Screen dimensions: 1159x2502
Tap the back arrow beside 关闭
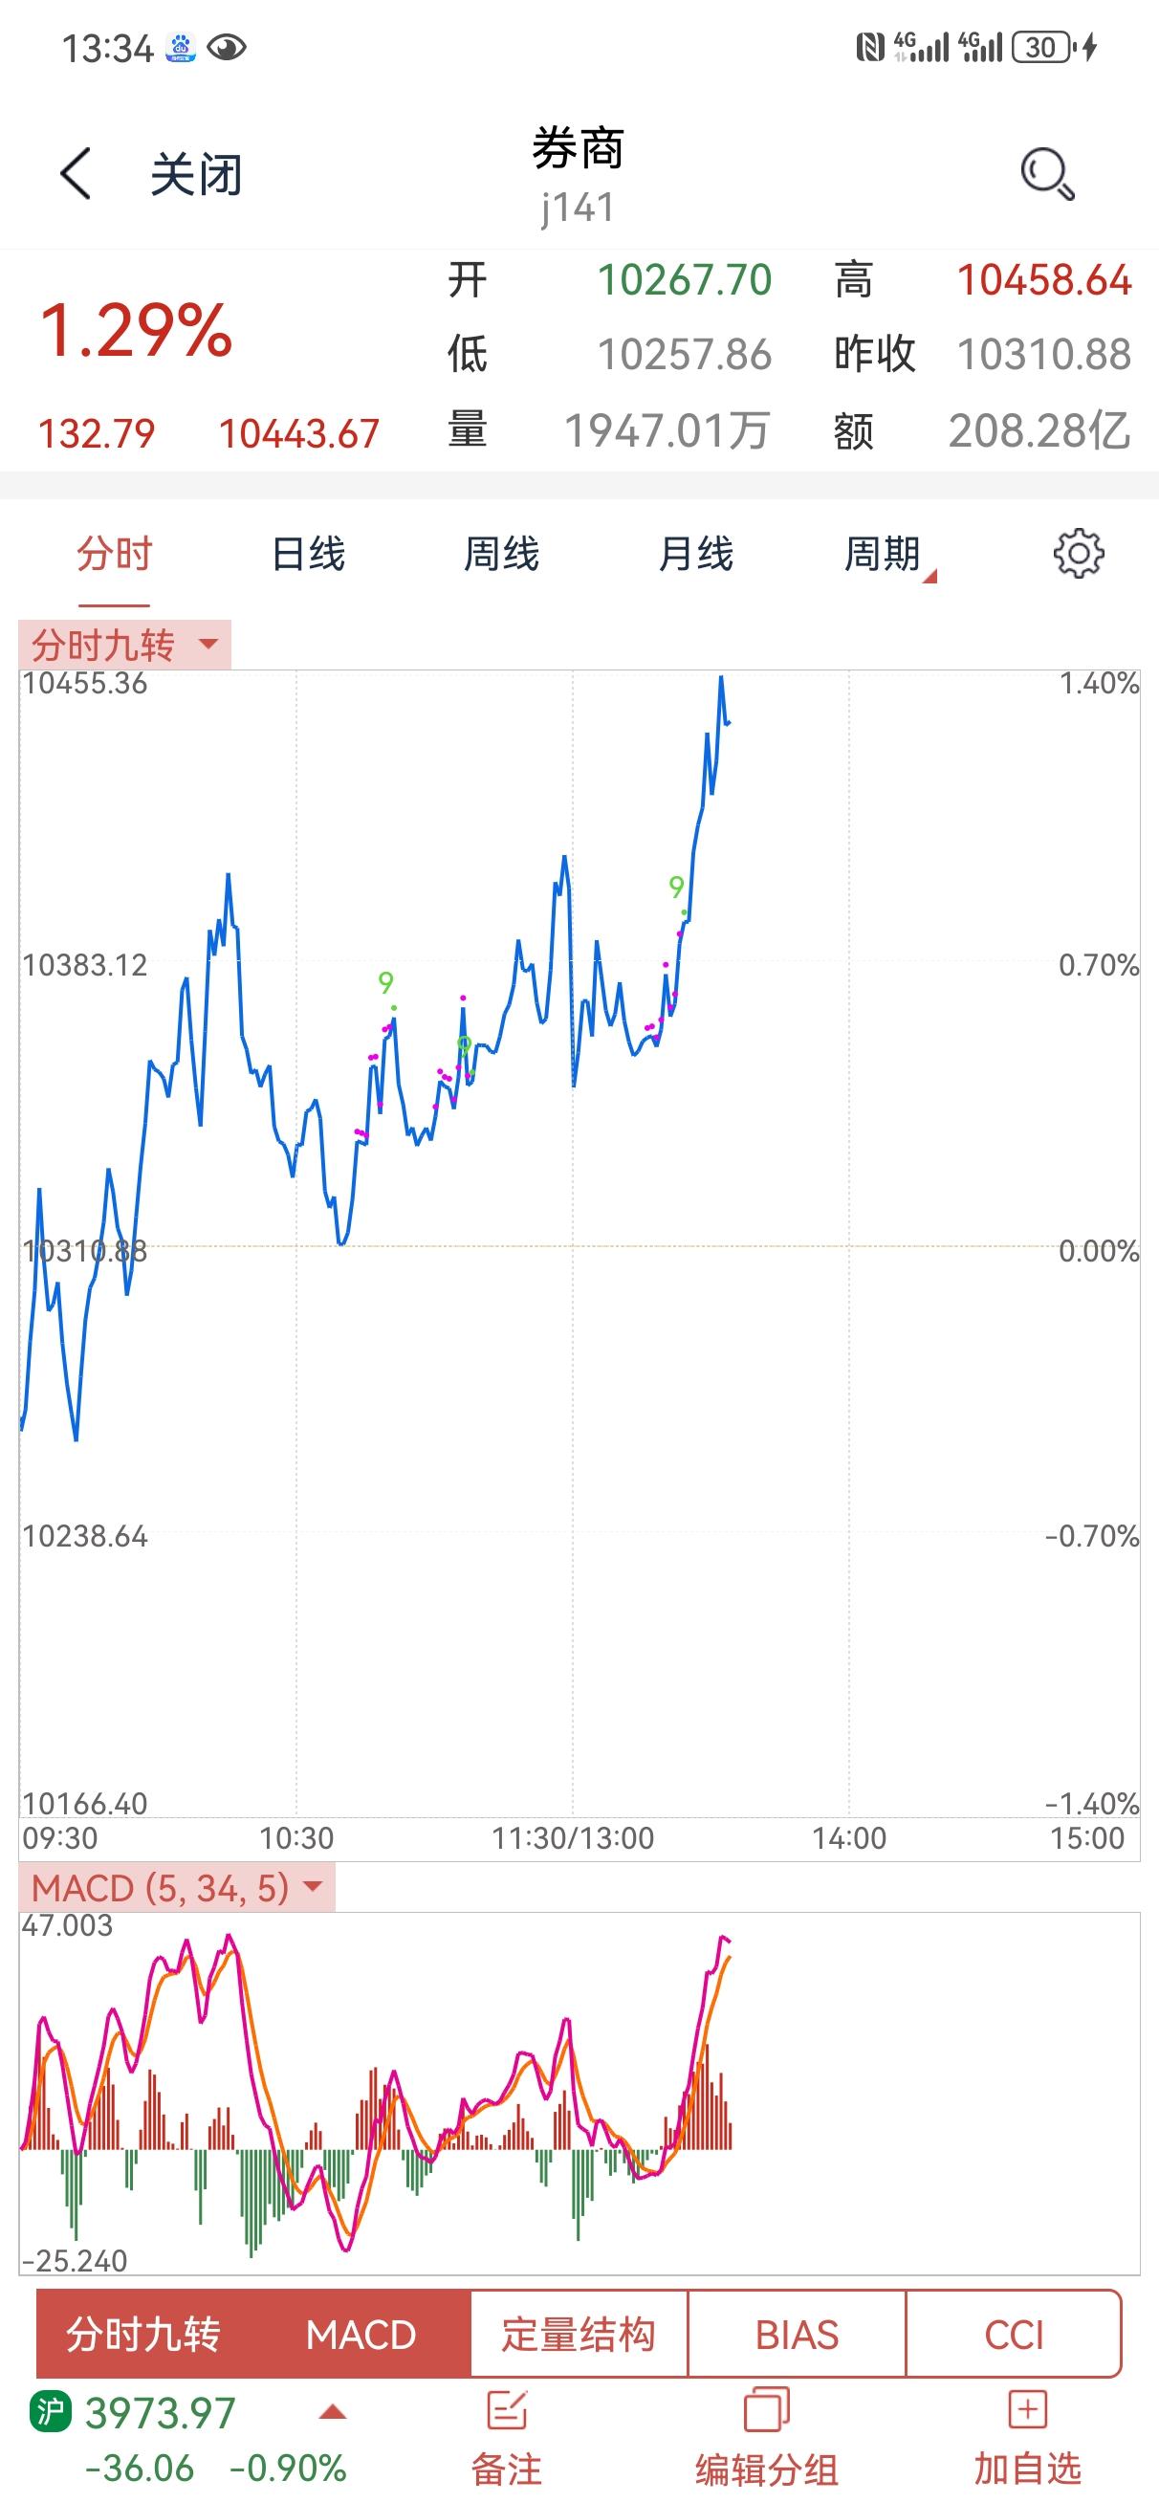(76, 174)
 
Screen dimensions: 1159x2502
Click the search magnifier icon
(1047, 174)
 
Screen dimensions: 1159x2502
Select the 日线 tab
(308, 554)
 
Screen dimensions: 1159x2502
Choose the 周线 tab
(501, 554)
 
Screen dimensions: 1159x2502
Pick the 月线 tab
(695, 554)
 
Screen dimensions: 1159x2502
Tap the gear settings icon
(1079, 554)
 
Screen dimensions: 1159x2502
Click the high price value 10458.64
(1044, 279)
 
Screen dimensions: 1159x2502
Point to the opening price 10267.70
(684, 279)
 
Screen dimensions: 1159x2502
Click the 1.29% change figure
(136, 330)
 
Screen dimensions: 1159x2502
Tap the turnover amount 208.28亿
(1039, 430)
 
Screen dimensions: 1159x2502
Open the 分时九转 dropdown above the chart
(125, 644)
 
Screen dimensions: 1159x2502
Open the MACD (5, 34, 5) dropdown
(177, 1887)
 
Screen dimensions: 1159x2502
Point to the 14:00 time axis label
(849, 1837)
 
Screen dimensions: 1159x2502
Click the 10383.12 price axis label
(84, 964)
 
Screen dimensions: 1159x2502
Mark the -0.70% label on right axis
(1091, 1536)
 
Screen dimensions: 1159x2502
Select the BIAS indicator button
(797, 2334)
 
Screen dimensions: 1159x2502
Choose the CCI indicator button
(1014, 2334)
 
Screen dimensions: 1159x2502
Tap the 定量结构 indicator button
(579, 2334)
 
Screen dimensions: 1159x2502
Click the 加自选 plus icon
(1028, 2410)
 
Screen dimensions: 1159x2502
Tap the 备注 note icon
(507, 2410)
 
